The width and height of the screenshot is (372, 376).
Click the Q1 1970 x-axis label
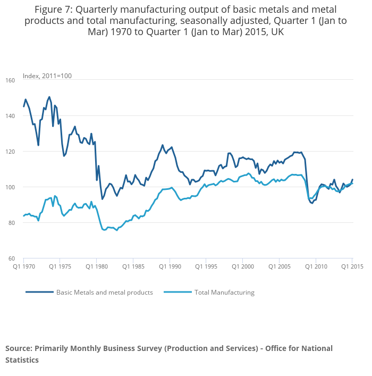click(23, 266)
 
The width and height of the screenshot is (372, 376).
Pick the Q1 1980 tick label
click(96, 266)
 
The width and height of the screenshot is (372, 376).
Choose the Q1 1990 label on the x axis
click(170, 266)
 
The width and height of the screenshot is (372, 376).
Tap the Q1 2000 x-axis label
click(243, 266)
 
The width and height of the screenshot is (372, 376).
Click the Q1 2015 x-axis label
click(352, 266)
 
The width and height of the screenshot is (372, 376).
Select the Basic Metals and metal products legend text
click(105, 293)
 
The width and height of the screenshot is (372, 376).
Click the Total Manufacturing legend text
click(224, 293)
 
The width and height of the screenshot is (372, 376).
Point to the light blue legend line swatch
click(176, 293)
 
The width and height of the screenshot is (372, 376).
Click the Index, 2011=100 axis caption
click(47, 76)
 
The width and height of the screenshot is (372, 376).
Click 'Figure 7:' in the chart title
click(53, 10)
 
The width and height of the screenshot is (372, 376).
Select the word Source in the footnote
click(19, 348)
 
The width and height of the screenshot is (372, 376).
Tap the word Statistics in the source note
click(22, 360)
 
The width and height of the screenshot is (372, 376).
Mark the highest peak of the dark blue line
click(49, 97)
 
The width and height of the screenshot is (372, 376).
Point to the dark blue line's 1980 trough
click(103, 199)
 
